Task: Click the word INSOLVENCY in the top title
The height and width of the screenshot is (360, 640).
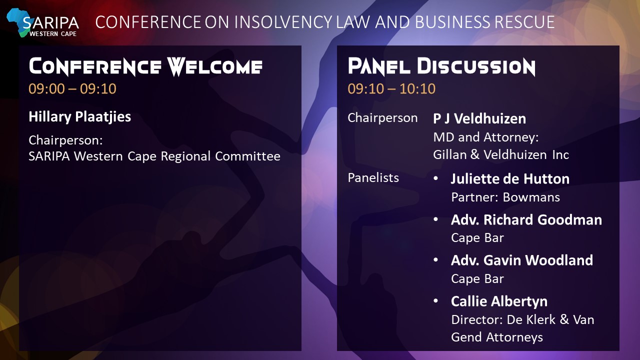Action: (x=283, y=22)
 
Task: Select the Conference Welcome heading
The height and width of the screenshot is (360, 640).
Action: (x=145, y=67)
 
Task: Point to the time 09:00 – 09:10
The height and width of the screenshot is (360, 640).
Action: (x=72, y=88)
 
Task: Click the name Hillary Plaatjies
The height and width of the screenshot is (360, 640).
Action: (x=79, y=117)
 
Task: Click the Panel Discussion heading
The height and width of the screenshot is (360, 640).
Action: (x=441, y=67)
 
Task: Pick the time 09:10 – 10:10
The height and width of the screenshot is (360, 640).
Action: (x=391, y=88)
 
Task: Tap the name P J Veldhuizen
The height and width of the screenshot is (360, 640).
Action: (x=479, y=118)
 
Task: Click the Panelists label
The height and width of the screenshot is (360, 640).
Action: (x=373, y=177)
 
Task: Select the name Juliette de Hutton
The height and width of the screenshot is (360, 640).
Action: (x=510, y=179)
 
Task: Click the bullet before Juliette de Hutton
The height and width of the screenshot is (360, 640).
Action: (x=435, y=178)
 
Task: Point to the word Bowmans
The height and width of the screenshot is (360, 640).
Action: (x=531, y=197)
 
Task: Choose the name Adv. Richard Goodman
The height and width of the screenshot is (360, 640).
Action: (x=526, y=219)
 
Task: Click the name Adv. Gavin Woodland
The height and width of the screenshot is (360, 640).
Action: (x=522, y=260)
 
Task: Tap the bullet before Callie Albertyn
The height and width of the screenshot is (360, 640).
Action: (x=435, y=301)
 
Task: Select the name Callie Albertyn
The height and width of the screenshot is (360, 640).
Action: (x=499, y=301)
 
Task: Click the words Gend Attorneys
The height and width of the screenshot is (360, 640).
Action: (x=497, y=337)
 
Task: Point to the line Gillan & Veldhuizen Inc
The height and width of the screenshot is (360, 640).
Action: (x=501, y=155)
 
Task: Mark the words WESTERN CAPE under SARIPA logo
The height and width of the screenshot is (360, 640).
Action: (x=53, y=33)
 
